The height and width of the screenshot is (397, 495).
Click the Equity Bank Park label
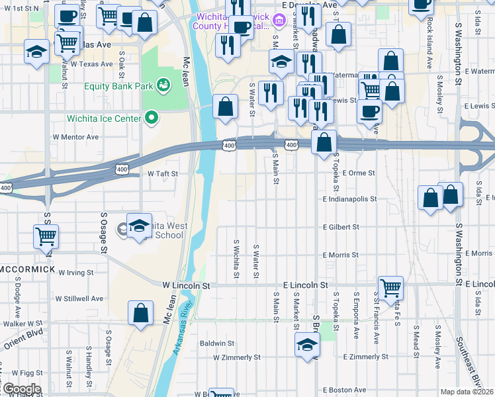[x=120, y=85]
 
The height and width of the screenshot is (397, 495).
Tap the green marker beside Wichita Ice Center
[x=152, y=118]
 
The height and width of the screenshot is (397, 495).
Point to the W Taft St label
[x=163, y=173]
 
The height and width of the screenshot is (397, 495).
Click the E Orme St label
[x=359, y=173]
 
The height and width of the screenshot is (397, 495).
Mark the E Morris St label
[x=341, y=255]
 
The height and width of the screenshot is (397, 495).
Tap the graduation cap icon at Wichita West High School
[x=140, y=226]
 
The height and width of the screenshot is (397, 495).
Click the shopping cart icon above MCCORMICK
[x=46, y=235]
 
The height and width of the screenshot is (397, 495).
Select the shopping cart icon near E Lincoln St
[x=391, y=287]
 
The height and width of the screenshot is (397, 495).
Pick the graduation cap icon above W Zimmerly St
[x=307, y=345]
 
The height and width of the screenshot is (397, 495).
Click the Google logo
[x=21, y=388]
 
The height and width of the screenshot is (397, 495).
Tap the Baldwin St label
[x=217, y=343]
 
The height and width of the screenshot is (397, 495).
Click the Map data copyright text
[x=467, y=392]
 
